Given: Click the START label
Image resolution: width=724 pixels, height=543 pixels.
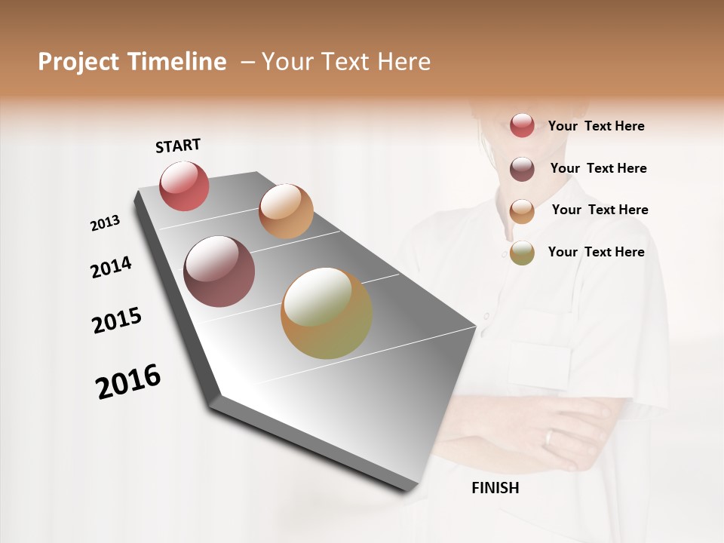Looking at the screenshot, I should click(x=178, y=146).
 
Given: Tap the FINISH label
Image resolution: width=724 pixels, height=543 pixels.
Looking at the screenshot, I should click(x=495, y=488).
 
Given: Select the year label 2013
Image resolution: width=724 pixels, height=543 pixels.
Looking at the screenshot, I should click(x=106, y=223).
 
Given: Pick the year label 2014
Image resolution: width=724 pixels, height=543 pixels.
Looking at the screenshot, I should click(x=111, y=268).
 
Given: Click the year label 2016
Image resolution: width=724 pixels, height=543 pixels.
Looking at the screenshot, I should click(x=128, y=382).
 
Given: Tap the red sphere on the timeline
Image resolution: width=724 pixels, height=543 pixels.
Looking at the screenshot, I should click(x=184, y=186).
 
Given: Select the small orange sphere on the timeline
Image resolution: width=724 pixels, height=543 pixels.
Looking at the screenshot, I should click(x=286, y=211).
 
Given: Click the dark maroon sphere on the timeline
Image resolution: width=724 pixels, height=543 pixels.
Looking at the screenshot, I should click(x=219, y=271).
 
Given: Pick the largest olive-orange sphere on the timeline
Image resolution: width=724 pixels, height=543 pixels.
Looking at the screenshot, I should click(x=327, y=313).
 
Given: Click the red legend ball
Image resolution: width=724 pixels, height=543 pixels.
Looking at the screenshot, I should click(x=522, y=125).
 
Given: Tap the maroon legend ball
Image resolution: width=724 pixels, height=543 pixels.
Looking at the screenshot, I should click(x=522, y=168).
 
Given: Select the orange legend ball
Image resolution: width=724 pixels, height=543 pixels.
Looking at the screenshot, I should click(x=522, y=210).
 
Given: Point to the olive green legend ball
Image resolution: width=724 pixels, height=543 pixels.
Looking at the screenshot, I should click(x=522, y=253).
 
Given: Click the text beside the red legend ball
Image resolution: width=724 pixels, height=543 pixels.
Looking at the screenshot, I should click(x=596, y=126).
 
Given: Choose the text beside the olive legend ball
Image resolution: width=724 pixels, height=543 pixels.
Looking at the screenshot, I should click(x=596, y=252).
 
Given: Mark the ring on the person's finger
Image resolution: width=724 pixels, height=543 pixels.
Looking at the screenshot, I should click(x=549, y=438).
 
